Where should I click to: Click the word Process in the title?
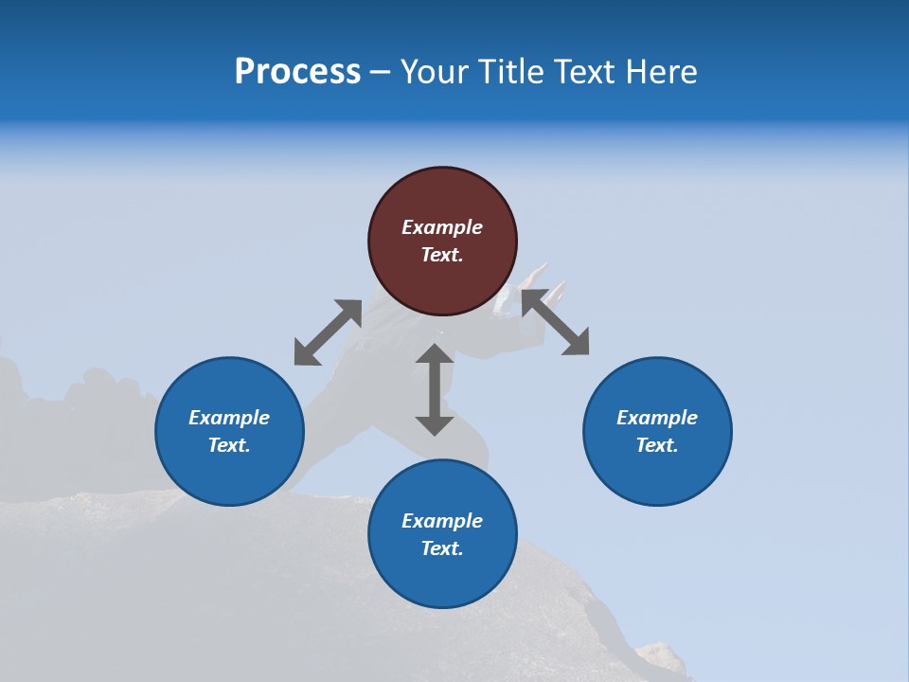coord(297,72)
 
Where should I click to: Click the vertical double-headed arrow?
coord(435,389)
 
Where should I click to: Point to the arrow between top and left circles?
coord(328,332)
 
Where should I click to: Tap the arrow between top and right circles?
coord(556,322)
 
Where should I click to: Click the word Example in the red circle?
coord(442,227)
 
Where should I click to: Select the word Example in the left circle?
coord(229,418)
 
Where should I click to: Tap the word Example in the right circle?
coord(657,418)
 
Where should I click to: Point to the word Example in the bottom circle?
coord(442,521)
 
